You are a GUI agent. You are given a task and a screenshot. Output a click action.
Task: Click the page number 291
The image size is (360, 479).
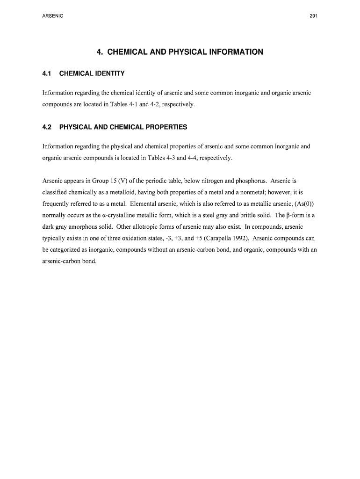pos(314,16)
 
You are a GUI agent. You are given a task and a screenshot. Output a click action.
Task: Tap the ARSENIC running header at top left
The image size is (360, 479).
pos(52,16)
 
